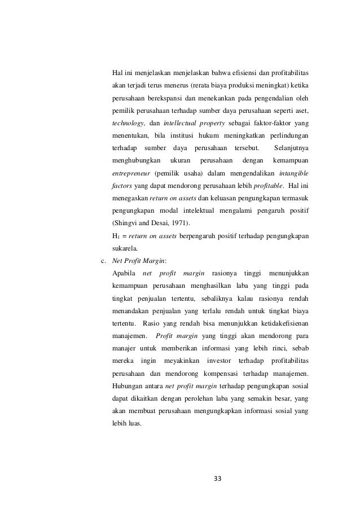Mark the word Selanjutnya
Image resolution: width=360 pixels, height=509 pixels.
pos(291,148)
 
